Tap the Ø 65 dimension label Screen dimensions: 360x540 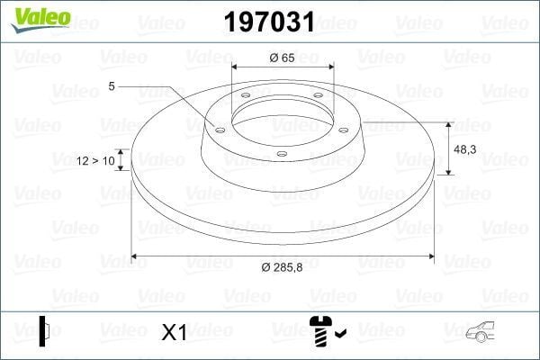(x=283, y=57)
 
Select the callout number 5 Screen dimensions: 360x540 (x=112, y=86)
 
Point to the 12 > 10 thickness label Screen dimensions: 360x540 (x=97, y=160)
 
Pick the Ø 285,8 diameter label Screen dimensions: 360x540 (x=283, y=268)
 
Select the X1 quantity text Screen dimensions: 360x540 (x=173, y=333)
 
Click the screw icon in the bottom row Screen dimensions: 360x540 (x=319, y=332)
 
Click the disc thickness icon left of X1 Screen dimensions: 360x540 (x=44, y=331)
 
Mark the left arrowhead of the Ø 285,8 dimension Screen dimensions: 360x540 (x=135, y=256)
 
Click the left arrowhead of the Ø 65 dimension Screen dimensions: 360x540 (x=236, y=67)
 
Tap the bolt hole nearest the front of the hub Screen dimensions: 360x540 (x=282, y=154)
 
